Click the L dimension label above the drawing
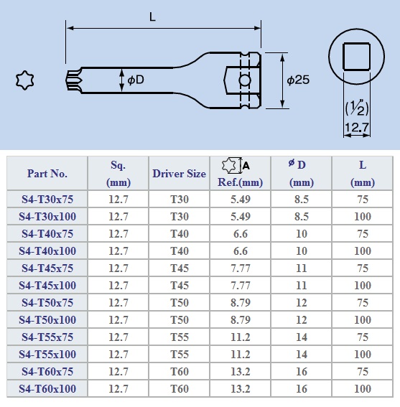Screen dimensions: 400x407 coord(152,17)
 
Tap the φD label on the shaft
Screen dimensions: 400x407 coord(136,80)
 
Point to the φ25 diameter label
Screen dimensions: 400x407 coord(298,80)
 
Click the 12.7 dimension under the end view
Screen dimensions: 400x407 coord(357,127)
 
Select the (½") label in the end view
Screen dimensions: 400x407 coord(357,108)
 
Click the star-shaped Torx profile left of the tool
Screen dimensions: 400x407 coord(24,80)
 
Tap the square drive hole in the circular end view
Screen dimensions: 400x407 coord(356,57)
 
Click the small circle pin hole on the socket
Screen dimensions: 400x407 coord(245,80)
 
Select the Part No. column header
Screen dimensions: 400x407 coord(47,174)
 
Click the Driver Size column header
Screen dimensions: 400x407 coord(180,174)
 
